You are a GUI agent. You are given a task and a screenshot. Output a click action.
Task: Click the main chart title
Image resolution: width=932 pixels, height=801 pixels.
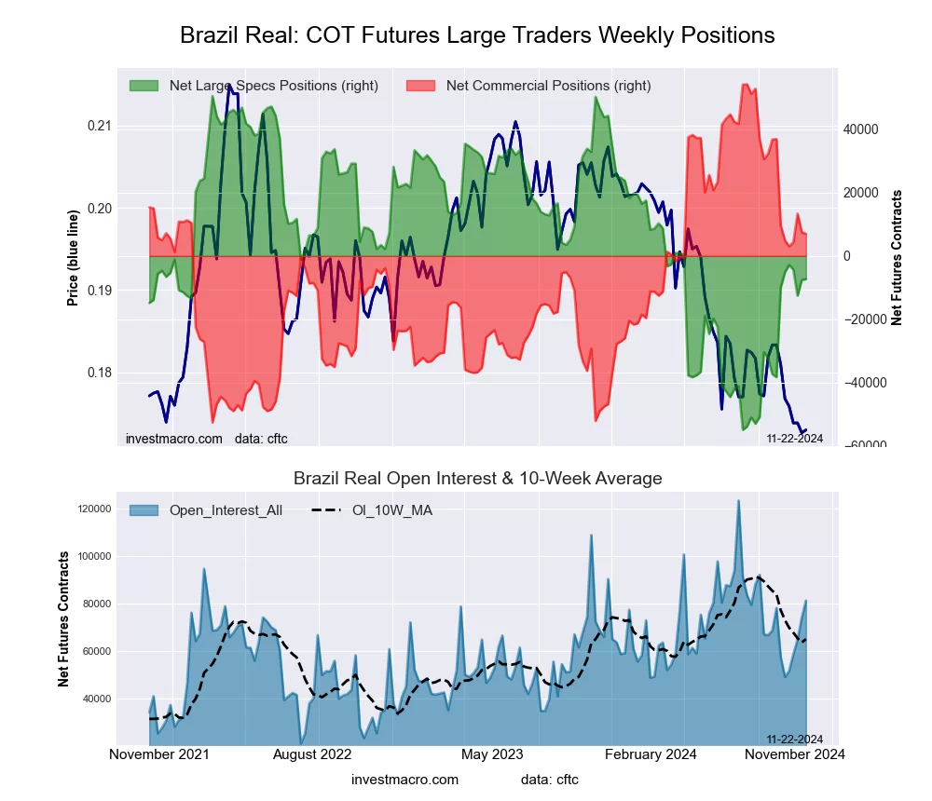[x=477, y=35]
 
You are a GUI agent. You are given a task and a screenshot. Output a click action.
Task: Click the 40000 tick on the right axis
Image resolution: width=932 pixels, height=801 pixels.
[x=862, y=129]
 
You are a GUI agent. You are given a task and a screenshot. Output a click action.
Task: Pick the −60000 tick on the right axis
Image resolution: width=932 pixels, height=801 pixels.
[x=862, y=445]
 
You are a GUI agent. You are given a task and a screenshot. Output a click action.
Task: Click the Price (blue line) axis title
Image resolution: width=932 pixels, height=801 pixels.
[x=73, y=257]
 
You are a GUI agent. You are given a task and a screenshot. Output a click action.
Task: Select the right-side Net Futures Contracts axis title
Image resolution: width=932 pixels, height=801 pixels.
[x=898, y=257]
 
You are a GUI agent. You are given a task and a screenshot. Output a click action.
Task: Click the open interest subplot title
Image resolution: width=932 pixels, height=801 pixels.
[x=477, y=479]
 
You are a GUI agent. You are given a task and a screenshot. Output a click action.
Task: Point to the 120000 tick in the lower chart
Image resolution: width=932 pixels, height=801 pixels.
[x=94, y=509]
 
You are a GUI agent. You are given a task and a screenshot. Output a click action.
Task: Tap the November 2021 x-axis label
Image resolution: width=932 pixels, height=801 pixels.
[x=159, y=753]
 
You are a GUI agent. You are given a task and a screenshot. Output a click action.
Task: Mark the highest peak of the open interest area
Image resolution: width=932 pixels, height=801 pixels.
[x=738, y=501]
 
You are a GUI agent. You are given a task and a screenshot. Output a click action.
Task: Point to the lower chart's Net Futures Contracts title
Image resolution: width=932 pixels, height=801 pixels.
[x=64, y=618]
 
